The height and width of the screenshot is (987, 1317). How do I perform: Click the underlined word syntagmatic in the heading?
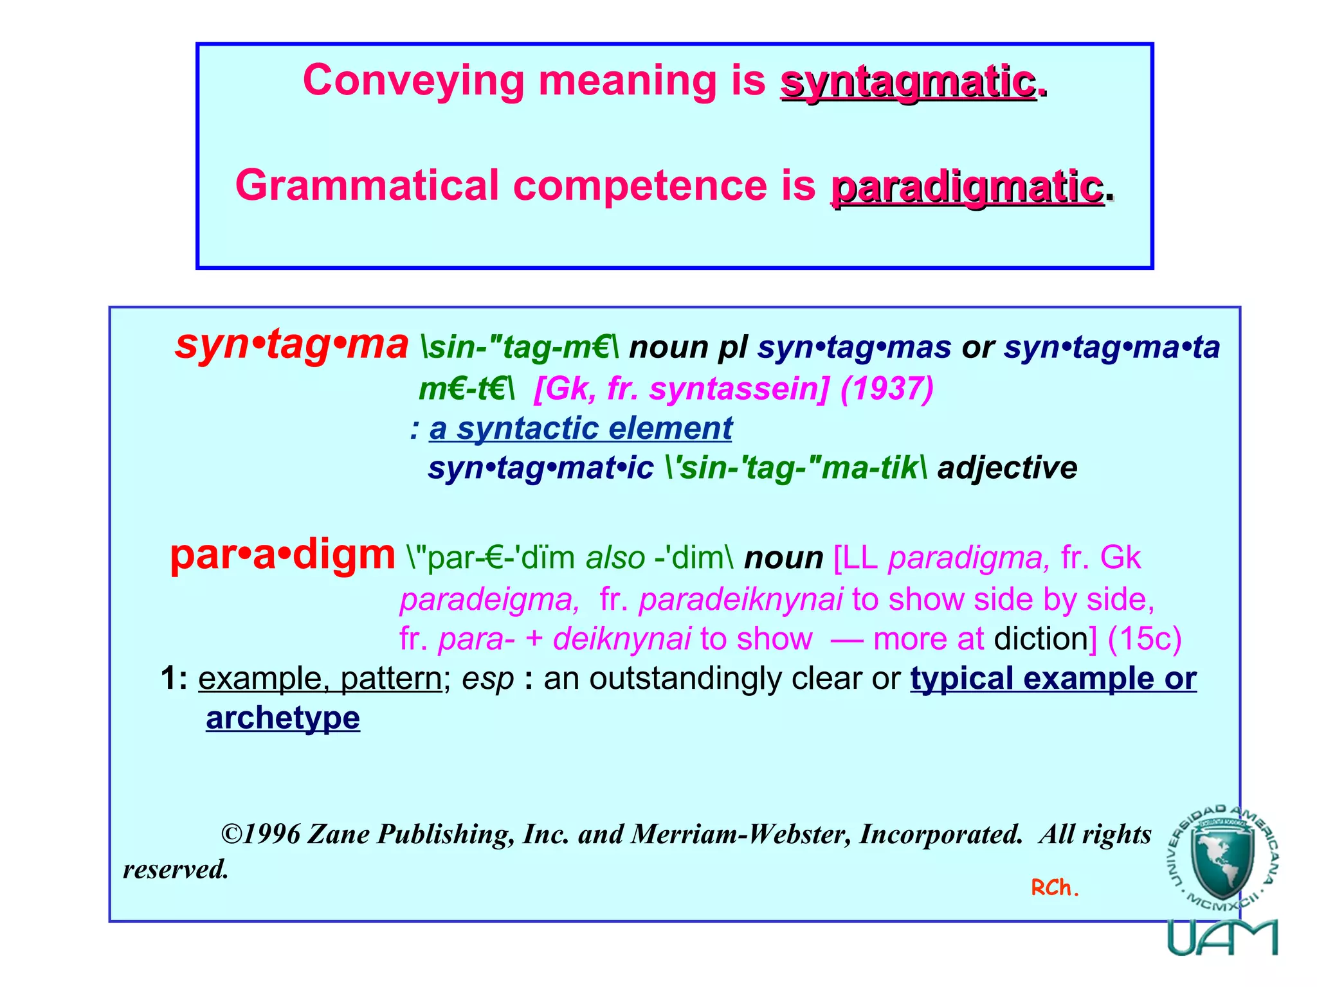[907, 82]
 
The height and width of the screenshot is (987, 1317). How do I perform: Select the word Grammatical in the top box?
[367, 186]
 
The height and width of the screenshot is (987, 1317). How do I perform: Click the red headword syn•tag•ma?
[291, 344]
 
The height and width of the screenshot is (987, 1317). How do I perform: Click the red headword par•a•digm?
[282, 555]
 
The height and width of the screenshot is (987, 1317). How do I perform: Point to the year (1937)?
[887, 388]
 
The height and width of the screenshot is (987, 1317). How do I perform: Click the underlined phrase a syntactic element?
[581, 429]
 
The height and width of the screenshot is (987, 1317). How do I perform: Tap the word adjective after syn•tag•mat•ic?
[1007, 468]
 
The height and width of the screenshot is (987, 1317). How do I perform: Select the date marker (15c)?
[1144, 639]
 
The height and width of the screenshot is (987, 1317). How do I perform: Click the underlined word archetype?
[283, 718]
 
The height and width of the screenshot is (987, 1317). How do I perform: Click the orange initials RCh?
[1055, 888]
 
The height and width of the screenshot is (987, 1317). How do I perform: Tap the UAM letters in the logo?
[1222, 938]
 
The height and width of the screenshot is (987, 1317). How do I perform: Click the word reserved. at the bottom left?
[176, 870]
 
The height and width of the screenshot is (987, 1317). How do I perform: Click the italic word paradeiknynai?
[740, 600]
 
